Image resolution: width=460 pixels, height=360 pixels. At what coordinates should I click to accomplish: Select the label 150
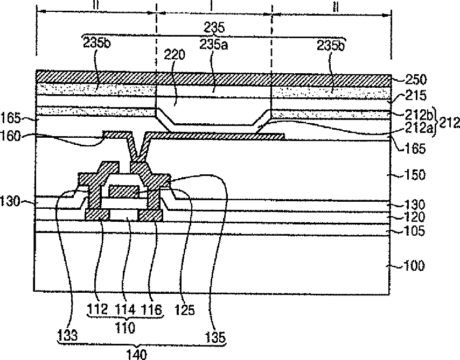414,175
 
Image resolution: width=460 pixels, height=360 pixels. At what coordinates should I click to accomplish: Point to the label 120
414,217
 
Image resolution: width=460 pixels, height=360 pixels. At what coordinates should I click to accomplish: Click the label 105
414,232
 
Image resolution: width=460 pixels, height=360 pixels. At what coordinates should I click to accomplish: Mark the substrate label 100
414,266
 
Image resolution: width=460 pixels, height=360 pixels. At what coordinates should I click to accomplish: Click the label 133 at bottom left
67,334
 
